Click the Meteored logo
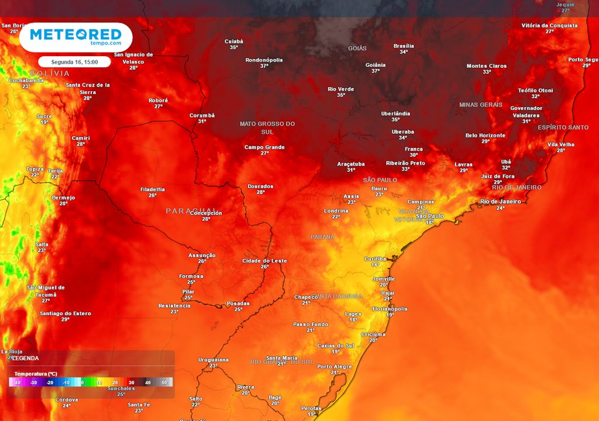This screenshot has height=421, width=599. [x=75, y=37]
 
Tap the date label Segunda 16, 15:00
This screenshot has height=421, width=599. [x=74, y=61]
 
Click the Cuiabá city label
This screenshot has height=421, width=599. [x=233, y=42]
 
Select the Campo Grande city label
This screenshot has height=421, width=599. [x=264, y=147]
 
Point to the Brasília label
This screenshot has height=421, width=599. [x=404, y=46]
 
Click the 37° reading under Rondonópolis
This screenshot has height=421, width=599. [x=264, y=66]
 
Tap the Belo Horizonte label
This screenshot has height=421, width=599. [x=485, y=135]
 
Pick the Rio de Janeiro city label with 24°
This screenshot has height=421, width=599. [x=500, y=202]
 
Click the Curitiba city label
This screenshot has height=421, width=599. [x=375, y=258]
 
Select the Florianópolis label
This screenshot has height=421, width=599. [x=390, y=309]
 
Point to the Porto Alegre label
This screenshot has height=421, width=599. [x=335, y=367]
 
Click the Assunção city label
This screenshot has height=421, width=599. [x=202, y=255]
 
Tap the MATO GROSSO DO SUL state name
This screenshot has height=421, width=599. [x=267, y=127]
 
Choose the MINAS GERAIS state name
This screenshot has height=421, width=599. [x=481, y=105]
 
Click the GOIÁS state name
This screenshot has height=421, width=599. [x=357, y=48]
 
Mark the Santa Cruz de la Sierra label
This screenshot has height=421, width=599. [x=88, y=88]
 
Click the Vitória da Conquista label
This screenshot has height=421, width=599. [x=549, y=26]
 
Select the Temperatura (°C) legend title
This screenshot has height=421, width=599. [x=35, y=373]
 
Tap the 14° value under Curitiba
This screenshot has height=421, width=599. [x=375, y=265]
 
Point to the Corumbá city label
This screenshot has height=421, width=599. [x=202, y=115]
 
